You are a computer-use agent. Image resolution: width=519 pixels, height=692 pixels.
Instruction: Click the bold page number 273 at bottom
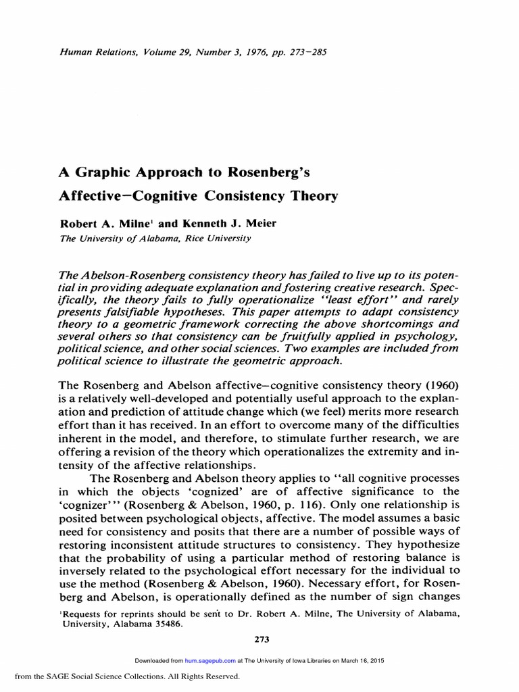pos(259,639)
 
